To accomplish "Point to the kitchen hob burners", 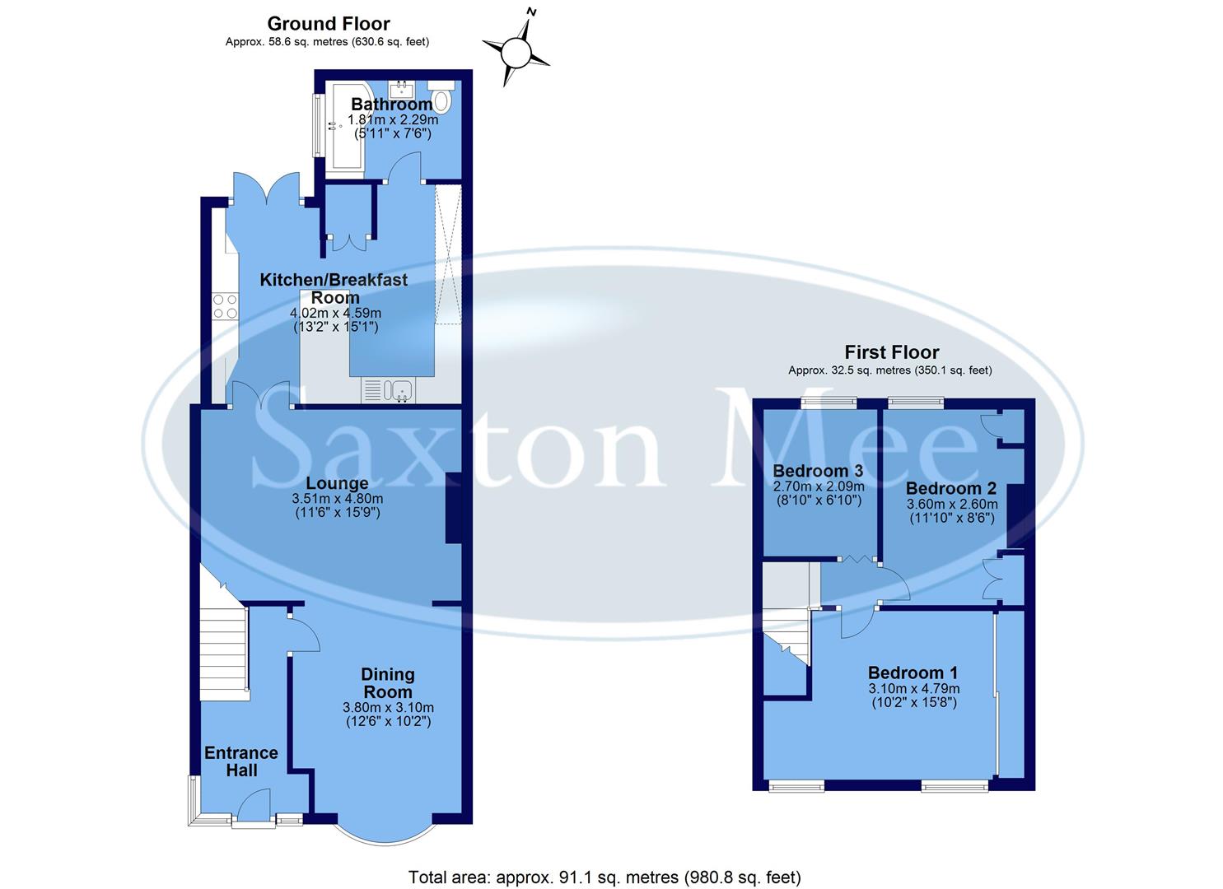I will tap(225, 307).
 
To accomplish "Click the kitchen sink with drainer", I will tap(389, 389).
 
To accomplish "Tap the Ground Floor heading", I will tap(329, 24).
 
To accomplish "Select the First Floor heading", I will tap(891, 352).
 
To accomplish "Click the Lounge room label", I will tap(337, 482).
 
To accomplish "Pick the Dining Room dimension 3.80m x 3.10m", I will tap(388, 707).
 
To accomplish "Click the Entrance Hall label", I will tap(241, 761).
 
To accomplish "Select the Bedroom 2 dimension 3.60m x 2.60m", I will tap(951, 505).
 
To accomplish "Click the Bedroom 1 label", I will tap(913, 672).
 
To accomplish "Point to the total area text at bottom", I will tap(604, 877).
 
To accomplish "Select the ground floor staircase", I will tap(224, 650).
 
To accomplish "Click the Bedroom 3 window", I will tap(829, 403).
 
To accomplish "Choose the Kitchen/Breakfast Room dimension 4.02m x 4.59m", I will tap(335, 314).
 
